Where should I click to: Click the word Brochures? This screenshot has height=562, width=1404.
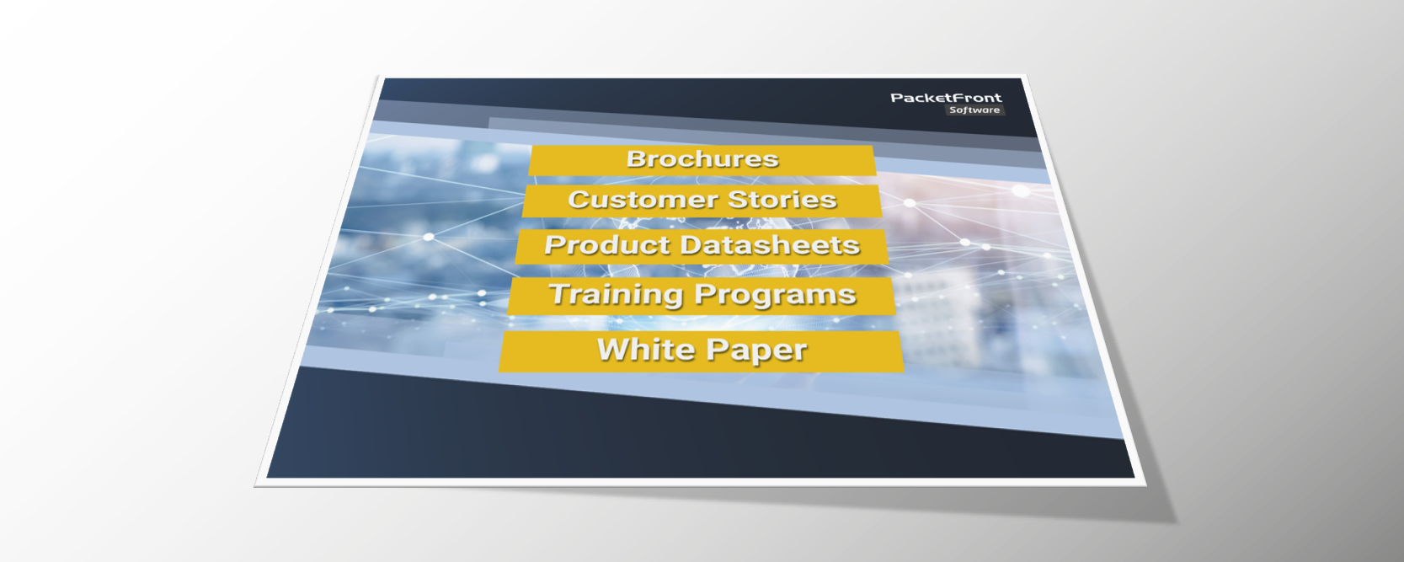(702, 159)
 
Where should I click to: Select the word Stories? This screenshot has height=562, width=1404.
(782, 200)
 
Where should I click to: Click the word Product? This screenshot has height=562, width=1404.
(607, 245)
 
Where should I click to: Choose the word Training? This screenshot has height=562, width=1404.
(616, 294)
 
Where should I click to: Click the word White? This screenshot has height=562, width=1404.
(646, 349)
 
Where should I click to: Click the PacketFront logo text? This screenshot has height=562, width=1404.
(946, 98)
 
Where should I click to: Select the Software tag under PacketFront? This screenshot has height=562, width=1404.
(974, 110)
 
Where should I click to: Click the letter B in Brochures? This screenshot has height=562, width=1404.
(636, 159)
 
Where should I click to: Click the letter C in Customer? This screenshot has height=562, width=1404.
(579, 200)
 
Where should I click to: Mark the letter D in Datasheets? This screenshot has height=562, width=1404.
(707, 245)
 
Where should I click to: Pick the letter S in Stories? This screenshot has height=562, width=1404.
(739, 200)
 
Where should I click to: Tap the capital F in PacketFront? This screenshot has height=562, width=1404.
(959, 98)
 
